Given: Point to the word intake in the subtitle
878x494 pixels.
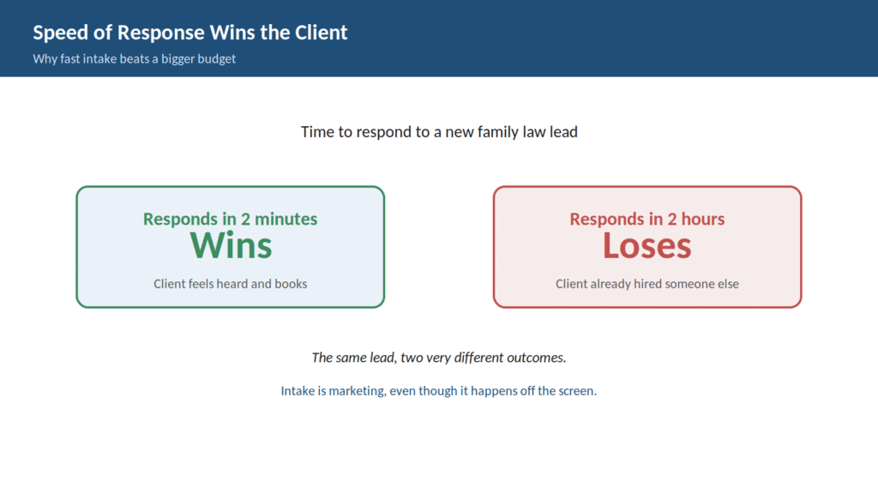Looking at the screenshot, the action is [x=99, y=59].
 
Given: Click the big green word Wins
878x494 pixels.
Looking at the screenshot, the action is [x=231, y=245].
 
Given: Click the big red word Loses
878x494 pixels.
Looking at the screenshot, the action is [x=646, y=245].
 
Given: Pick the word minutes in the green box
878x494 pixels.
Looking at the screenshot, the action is [x=286, y=219].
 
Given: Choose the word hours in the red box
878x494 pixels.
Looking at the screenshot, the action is [x=703, y=219].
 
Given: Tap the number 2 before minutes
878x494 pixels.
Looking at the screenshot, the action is [x=245, y=219].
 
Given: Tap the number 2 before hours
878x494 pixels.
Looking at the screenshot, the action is [x=672, y=219].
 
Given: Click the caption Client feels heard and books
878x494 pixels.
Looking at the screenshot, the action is [x=230, y=284].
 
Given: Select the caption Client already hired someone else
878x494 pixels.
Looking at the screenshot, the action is [x=646, y=284].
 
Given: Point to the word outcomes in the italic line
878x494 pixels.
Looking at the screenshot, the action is [x=537, y=358].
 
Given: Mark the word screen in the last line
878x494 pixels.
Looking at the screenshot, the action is [x=578, y=391].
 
